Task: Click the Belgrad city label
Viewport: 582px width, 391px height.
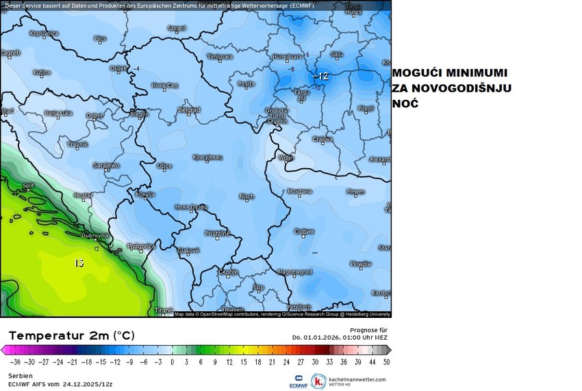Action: tap(188, 109)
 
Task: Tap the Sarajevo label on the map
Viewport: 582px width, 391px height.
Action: tap(106, 165)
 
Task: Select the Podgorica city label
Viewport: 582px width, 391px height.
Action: tap(141, 246)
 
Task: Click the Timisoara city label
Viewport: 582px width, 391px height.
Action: tap(220, 56)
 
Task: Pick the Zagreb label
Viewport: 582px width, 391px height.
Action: tap(10, 52)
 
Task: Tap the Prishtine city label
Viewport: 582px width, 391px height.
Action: tap(218, 234)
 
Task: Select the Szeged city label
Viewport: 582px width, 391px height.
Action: tap(177, 29)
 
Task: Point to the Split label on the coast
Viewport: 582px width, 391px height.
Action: tap(29, 185)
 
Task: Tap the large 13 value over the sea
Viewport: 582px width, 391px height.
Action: tap(79, 262)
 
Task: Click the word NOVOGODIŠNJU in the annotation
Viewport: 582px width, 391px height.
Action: tap(468, 89)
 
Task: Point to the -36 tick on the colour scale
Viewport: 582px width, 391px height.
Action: tap(13, 362)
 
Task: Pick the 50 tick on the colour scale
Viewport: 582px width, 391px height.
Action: tap(387, 362)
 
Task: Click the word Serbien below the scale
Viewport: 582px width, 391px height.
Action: tap(21, 376)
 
